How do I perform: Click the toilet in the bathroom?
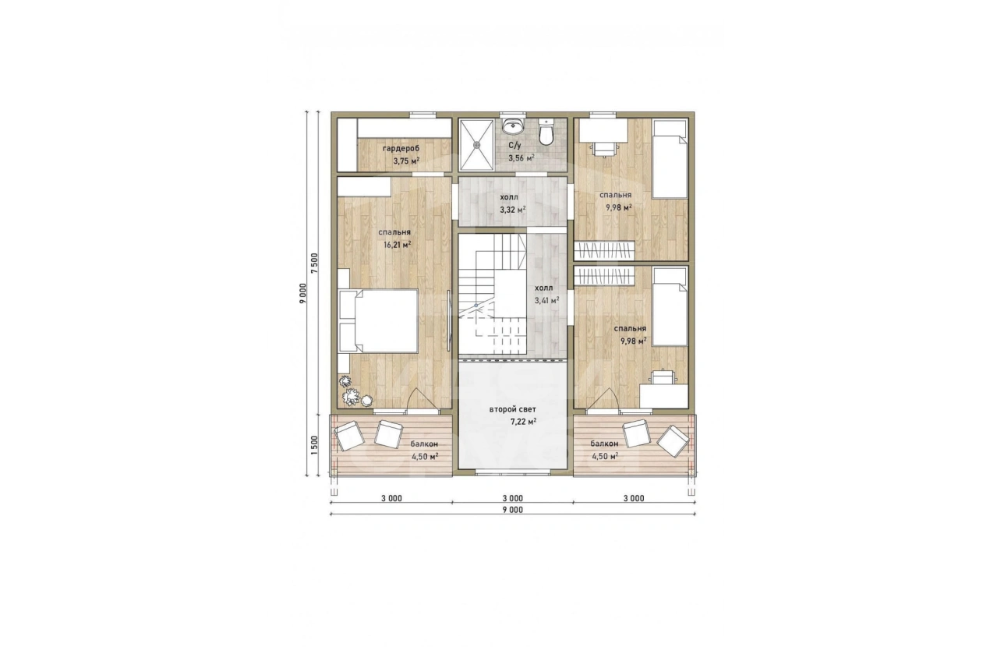(546, 132)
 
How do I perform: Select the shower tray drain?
(477, 144)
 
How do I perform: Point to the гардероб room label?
(401, 148)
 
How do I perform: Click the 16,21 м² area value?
(398, 245)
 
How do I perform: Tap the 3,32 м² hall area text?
(513, 210)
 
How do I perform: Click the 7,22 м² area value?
(523, 422)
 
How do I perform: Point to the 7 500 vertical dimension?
(314, 263)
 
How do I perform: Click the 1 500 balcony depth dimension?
(314, 445)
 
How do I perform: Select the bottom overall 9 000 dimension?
(513, 510)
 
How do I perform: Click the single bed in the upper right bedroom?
(670, 159)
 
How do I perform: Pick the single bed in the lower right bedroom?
(670, 308)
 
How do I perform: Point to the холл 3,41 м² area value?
(546, 301)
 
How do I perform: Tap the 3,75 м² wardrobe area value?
(406, 161)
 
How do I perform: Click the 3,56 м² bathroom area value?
(522, 157)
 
